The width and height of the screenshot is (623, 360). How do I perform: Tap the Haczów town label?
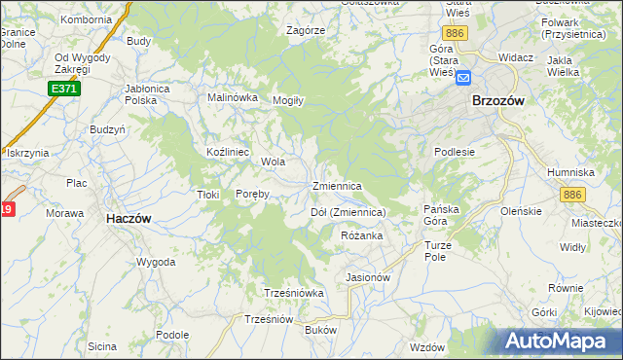pos(128,219)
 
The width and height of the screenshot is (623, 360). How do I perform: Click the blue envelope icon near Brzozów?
pos(463,78)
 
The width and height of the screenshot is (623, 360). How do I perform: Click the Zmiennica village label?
pos(337,185)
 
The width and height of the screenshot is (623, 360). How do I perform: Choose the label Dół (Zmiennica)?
pos(348,211)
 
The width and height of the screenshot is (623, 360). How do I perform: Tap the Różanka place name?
pos(362,235)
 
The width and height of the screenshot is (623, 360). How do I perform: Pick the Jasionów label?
pos(368,277)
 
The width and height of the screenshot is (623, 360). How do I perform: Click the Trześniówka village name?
pos(293,292)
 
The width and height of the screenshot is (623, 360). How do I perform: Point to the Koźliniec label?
pos(229,153)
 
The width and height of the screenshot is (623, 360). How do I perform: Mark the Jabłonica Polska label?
pos(155,93)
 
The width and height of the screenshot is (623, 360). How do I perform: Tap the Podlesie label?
pos(454,152)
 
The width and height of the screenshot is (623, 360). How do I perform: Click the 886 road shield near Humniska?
pos(571,196)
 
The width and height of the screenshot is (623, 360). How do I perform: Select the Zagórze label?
pos(305,30)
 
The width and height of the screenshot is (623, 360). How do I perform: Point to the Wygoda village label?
pos(156,262)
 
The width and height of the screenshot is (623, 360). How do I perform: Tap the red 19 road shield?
pos(6,209)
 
